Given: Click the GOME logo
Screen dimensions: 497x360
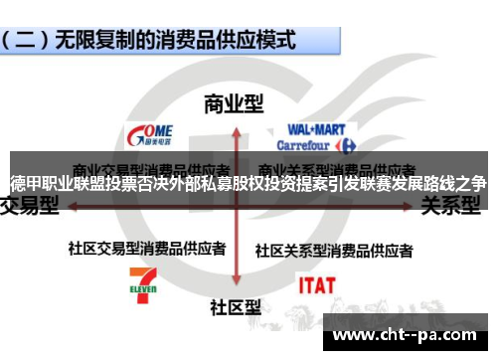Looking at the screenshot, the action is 151,133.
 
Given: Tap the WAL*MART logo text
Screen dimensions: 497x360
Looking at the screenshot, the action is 315,129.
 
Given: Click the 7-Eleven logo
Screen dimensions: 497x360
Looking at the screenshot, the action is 142,284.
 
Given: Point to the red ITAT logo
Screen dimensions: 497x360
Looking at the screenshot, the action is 317,285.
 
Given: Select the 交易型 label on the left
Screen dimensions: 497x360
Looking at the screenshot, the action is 29,206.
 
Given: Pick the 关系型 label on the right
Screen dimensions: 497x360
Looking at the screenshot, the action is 453,206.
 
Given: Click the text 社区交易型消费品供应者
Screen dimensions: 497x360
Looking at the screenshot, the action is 146,248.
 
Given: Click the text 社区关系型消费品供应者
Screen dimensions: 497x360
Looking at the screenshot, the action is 334,249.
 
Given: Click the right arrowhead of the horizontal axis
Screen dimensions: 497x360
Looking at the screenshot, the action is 410,207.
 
